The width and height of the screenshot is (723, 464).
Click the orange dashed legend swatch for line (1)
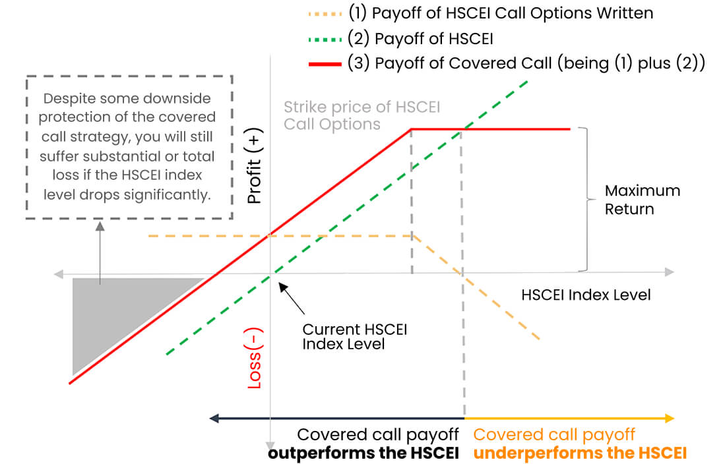point(325,13)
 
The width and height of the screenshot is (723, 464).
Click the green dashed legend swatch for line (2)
point(325,38)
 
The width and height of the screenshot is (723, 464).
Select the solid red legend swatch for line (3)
point(325,64)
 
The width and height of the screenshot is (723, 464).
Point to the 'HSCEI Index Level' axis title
point(586,295)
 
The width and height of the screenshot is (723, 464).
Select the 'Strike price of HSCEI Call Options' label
point(361,115)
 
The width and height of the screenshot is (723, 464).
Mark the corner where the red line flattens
point(412,129)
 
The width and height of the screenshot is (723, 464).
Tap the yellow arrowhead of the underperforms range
point(670,418)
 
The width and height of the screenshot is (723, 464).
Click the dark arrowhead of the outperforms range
point(214,418)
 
